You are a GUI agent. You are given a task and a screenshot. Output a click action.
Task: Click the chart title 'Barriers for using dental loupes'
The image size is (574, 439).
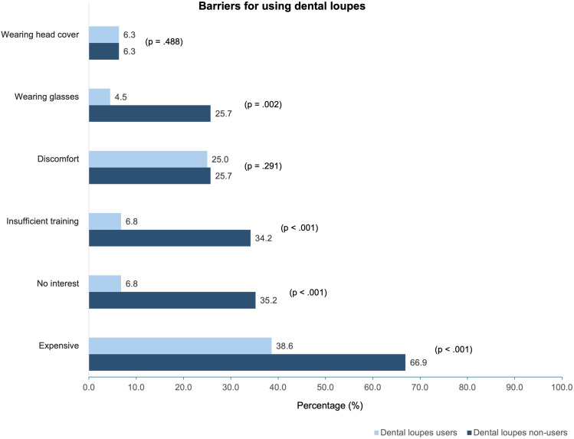[x=282, y=6]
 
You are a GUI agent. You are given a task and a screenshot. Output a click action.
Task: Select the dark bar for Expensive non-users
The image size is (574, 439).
[x=247, y=362]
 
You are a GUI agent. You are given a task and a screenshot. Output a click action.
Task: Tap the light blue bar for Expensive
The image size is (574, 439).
[x=180, y=346]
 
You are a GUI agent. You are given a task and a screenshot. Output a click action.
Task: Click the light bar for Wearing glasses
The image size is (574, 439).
[x=100, y=97]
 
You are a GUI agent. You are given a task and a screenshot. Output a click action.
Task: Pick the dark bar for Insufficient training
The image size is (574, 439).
[x=170, y=238]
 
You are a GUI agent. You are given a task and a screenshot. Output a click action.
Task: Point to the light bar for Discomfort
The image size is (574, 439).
[x=148, y=159]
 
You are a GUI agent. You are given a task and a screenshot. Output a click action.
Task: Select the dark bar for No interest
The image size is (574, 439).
[x=172, y=300]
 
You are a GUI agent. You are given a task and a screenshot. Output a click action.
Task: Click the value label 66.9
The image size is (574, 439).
[x=418, y=362]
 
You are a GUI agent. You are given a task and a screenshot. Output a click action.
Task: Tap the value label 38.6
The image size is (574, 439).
[x=284, y=346]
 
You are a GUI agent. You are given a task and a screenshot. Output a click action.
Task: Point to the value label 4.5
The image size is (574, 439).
[x=121, y=97]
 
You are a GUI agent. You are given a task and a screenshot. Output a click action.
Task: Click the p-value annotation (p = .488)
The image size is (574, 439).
[x=164, y=41]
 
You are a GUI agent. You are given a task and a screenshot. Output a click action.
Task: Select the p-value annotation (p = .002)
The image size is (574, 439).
[x=263, y=105]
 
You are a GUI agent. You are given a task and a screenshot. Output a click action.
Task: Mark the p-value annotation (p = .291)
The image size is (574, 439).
[x=263, y=166]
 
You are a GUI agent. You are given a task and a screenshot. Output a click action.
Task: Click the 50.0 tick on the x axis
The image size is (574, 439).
[x=326, y=387]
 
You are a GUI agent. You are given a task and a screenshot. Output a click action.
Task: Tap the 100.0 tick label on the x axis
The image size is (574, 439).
[x=562, y=387]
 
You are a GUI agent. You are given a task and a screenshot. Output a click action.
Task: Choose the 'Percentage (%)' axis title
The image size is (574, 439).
[x=330, y=405]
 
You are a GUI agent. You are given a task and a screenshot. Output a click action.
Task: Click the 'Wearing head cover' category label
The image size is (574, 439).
[x=40, y=34]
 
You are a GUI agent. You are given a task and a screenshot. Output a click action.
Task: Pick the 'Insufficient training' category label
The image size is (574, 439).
[x=42, y=221]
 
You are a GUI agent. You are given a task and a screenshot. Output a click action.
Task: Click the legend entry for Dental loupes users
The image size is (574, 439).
[x=415, y=432]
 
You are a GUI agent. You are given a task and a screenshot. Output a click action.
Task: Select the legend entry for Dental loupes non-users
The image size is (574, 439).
[x=517, y=432]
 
